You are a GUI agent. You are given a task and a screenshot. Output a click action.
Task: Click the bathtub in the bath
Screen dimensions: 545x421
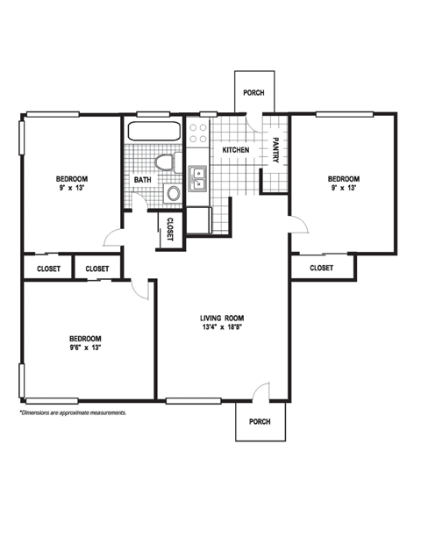(x=154, y=134)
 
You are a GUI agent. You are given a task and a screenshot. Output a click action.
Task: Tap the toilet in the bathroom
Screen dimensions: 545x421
(x=164, y=162)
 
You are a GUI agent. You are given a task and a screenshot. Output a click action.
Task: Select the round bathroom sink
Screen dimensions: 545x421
(x=172, y=193)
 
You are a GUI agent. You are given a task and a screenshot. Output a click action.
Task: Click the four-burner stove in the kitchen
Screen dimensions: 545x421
(x=197, y=133)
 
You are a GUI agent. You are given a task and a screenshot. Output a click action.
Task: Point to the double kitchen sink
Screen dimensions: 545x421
(x=197, y=177)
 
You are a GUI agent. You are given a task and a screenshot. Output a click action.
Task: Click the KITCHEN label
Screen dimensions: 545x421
(x=235, y=150)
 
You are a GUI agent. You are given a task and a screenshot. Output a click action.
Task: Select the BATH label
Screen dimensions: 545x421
(x=142, y=181)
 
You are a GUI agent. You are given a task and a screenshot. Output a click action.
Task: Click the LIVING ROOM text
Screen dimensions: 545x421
(x=222, y=318)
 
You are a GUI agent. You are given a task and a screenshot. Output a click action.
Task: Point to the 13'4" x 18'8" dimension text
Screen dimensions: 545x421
(x=222, y=327)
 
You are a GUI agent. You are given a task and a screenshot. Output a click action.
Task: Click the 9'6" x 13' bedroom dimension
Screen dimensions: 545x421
(x=86, y=348)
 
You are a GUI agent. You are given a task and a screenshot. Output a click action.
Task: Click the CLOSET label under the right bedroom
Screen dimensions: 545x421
(x=322, y=268)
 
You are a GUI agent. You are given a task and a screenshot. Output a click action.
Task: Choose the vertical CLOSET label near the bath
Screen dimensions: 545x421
(x=169, y=229)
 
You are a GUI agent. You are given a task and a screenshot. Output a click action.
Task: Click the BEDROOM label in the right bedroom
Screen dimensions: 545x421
(x=344, y=178)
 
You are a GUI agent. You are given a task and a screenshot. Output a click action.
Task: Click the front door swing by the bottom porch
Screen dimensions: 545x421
(x=260, y=392)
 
